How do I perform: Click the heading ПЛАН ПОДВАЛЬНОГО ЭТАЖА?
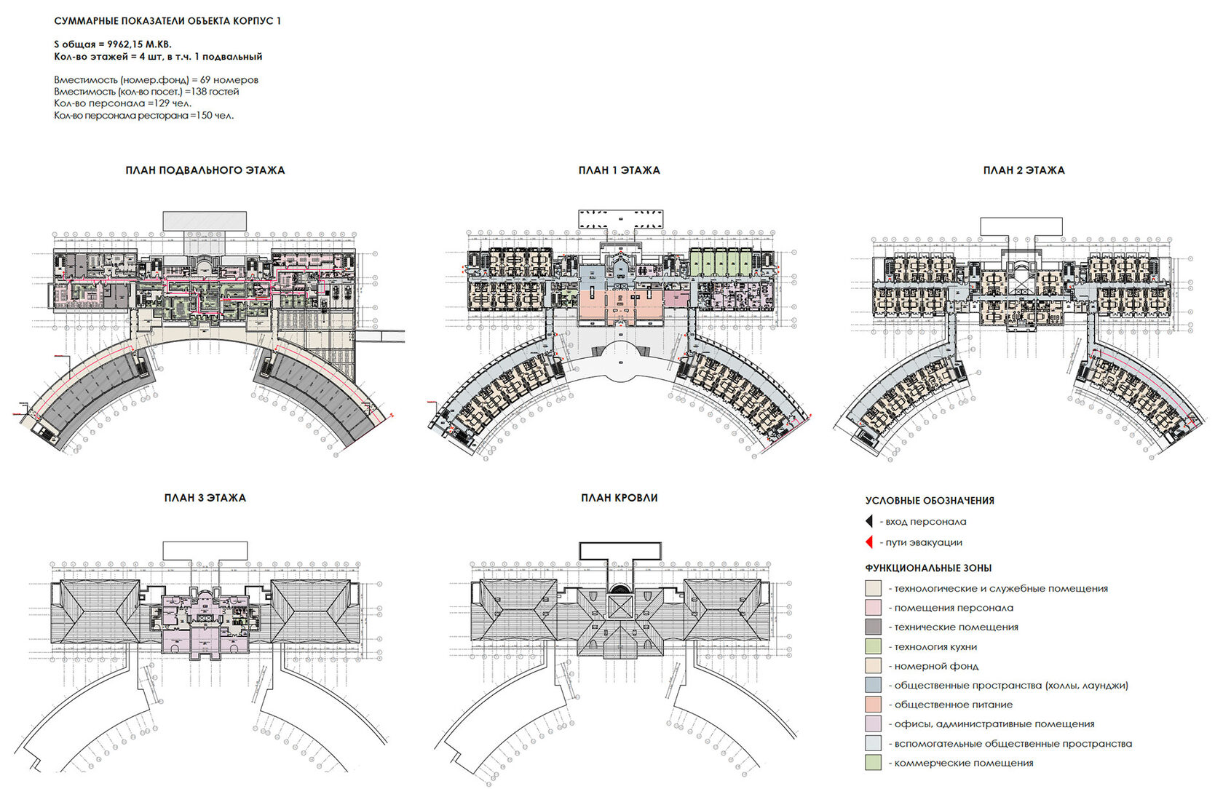(205, 170)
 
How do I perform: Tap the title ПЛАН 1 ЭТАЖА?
(619, 170)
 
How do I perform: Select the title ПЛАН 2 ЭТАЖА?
(1024, 170)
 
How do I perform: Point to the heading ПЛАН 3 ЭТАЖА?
(205, 498)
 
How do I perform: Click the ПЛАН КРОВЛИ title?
(619, 498)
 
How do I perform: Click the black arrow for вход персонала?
(868, 521)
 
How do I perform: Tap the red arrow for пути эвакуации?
(868, 542)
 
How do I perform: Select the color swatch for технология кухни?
(873, 646)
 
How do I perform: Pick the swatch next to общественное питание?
(873, 705)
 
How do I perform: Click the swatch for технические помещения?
(873, 627)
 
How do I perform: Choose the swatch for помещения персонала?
(873, 608)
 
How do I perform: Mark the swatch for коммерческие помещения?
(873, 763)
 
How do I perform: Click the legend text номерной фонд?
(936, 666)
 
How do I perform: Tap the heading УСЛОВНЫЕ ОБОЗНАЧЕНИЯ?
(930, 501)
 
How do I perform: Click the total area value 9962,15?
(128, 44)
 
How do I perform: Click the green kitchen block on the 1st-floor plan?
(720, 261)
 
